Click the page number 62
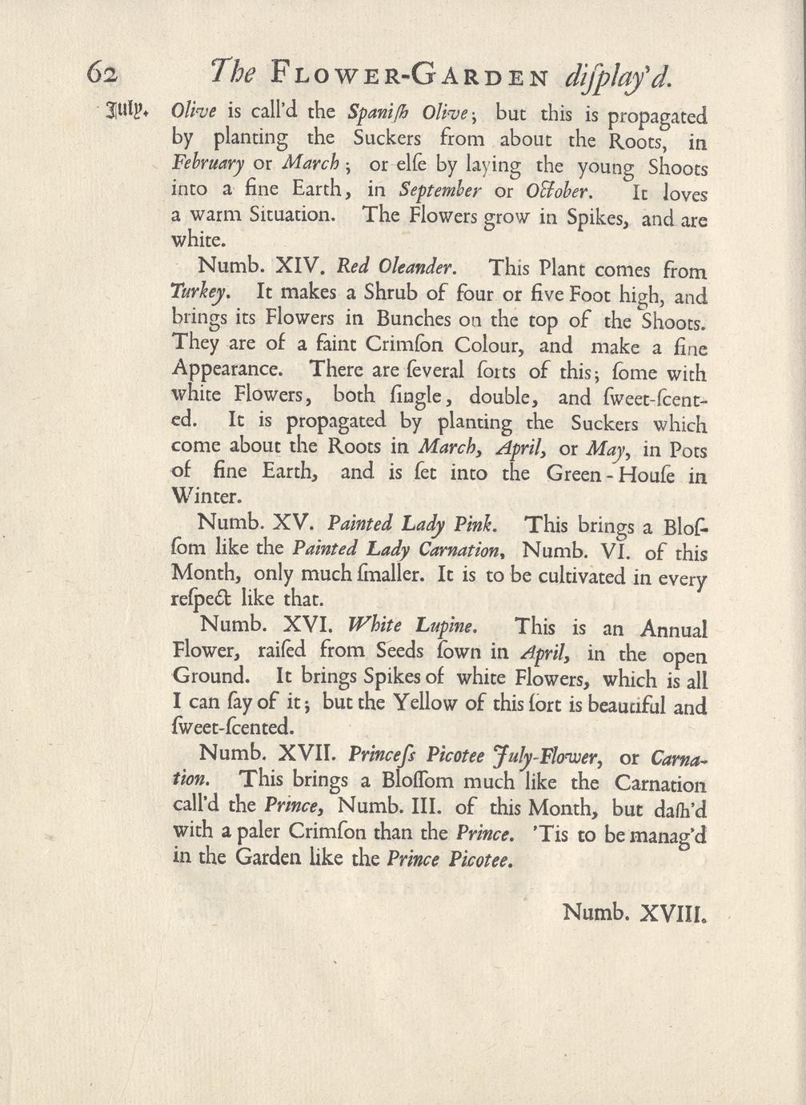tap(103, 74)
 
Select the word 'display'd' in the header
tap(619, 76)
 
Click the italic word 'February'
tap(208, 163)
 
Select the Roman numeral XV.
tap(291, 524)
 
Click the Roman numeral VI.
tap(617, 551)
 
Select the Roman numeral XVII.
tap(298, 753)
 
